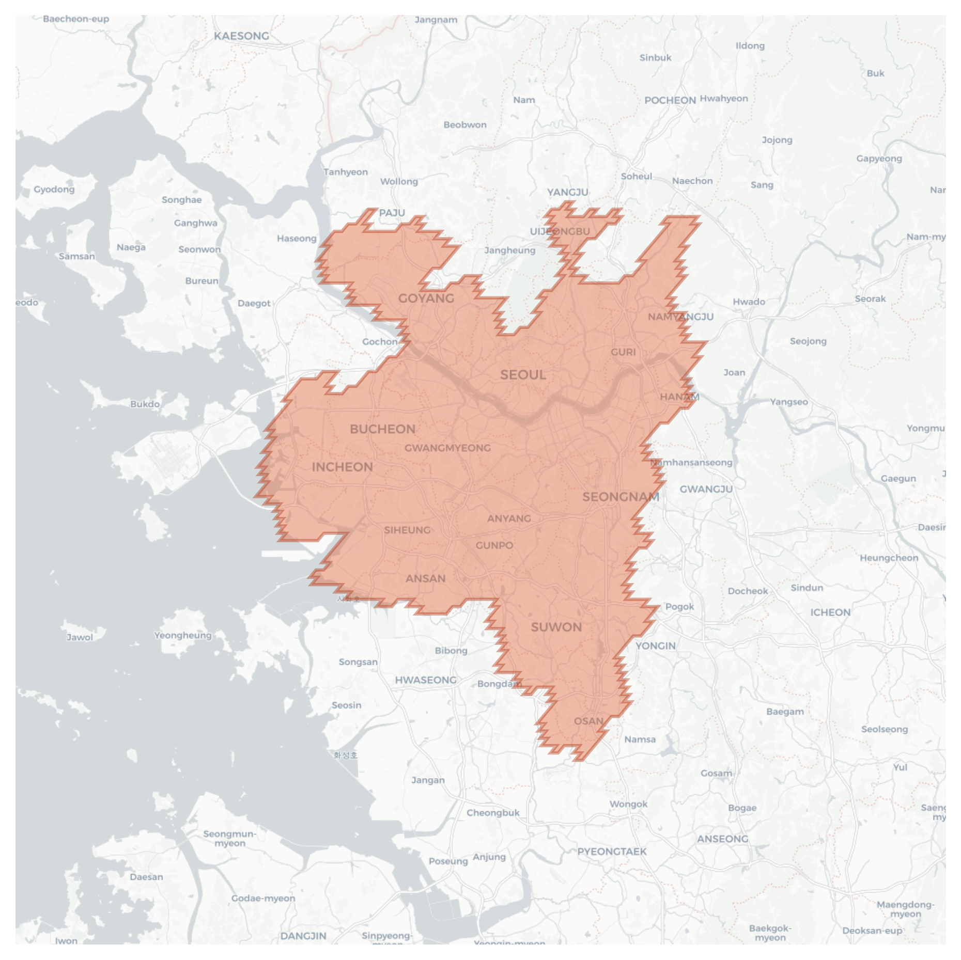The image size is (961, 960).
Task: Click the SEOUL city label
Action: pyautogui.click(x=523, y=375)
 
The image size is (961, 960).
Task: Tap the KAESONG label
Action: pyautogui.click(x=241, y=36)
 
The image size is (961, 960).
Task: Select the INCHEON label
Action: pyautogui.click(x=342, y=467)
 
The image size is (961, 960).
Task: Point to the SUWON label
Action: pyautogui.click(x=556, y=627)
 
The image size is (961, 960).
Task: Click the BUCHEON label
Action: pyautogui.click(x=382, y=429)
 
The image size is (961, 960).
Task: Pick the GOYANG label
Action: pyautogui.click(x=426, y=298)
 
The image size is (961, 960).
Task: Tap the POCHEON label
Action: pyautogui.click(x=670, y=100)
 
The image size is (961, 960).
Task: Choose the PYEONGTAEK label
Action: pyautogui.click(x=612, y=852)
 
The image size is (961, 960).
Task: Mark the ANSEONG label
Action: pyautogui.click(x=722, y=839)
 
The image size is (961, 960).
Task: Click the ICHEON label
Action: pyautogui.click(x=830, y=612)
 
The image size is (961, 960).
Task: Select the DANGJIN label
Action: pyautogui.click(x=303, y=936)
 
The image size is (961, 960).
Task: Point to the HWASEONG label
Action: pyautogui.click(x=426, y=680)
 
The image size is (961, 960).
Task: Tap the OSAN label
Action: pyautogui.click(x=588, y=721)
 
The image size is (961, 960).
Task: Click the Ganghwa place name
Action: pyautogui.click(x=196, y=223)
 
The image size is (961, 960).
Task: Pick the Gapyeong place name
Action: pyautogui.click(x=879, y=159)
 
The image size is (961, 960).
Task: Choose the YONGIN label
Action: pyautogui.click(x=655, y=646)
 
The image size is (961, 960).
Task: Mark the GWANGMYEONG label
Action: pyautogui.click(x=447, y=448)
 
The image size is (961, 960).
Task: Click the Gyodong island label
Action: pyautogui.click(x=54, y=189)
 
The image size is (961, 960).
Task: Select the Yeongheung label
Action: pyautogui.click(x=183, y=635)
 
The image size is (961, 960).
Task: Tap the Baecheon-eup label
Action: pyautogui.click(x=76, y=19)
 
